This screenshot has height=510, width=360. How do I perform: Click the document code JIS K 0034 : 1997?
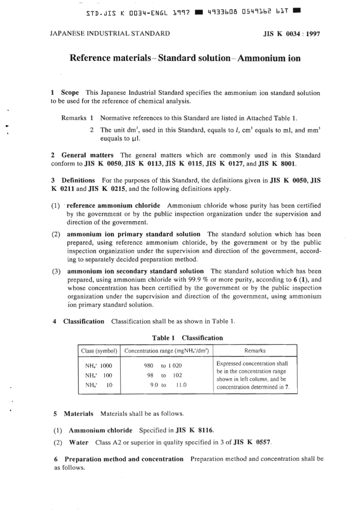click(291, 34)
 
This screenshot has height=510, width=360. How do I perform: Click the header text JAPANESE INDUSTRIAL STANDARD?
click(110, 33)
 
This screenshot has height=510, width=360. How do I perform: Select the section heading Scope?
click(70, 92)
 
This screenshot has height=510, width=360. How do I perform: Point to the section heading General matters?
click(87, 155)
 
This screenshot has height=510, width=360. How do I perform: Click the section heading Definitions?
click(78, 180)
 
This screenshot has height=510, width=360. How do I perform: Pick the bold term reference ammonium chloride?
click(113, 205)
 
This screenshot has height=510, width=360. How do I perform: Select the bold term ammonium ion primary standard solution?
click(133, 234)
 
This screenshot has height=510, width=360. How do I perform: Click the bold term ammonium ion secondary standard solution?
click(135, 271)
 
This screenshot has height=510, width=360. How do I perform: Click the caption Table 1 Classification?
click(187, 338)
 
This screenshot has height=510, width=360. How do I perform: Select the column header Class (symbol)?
click(99, 351)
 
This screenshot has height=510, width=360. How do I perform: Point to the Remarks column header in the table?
click(255, 351)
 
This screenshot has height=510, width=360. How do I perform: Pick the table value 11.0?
click(181, 385)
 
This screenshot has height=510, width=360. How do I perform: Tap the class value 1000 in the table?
click(106, 366)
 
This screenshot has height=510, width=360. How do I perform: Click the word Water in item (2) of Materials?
click(78, 442)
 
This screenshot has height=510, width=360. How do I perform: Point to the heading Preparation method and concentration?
click(124, 459)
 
